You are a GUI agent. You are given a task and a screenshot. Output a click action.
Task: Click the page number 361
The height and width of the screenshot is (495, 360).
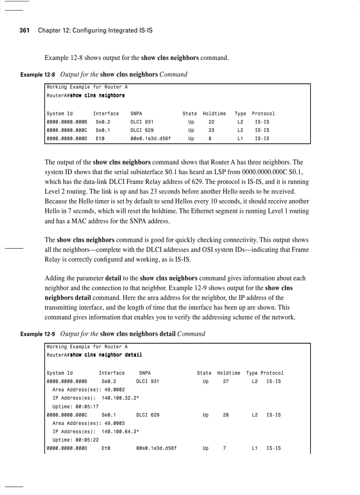25,30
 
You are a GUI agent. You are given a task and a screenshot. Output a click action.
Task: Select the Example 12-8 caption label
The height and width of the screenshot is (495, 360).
37,74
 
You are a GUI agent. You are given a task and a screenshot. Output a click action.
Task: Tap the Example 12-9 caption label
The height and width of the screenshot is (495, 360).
37,334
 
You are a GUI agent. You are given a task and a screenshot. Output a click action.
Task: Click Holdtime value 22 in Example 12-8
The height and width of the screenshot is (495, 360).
211,122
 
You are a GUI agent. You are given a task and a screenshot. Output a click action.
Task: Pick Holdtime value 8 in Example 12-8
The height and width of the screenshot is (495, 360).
210,139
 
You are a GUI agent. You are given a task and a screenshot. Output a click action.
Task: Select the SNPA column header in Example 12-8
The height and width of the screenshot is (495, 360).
136,114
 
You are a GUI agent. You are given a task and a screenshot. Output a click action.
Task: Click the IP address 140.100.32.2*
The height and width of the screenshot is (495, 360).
120,398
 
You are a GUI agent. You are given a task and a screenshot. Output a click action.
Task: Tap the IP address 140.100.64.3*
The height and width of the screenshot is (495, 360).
120,432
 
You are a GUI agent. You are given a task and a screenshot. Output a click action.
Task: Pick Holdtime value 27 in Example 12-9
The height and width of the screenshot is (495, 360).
225,381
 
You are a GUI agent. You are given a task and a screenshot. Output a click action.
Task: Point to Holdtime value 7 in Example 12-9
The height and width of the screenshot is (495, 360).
225,448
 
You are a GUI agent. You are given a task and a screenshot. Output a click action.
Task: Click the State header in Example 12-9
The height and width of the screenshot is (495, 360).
204,373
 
